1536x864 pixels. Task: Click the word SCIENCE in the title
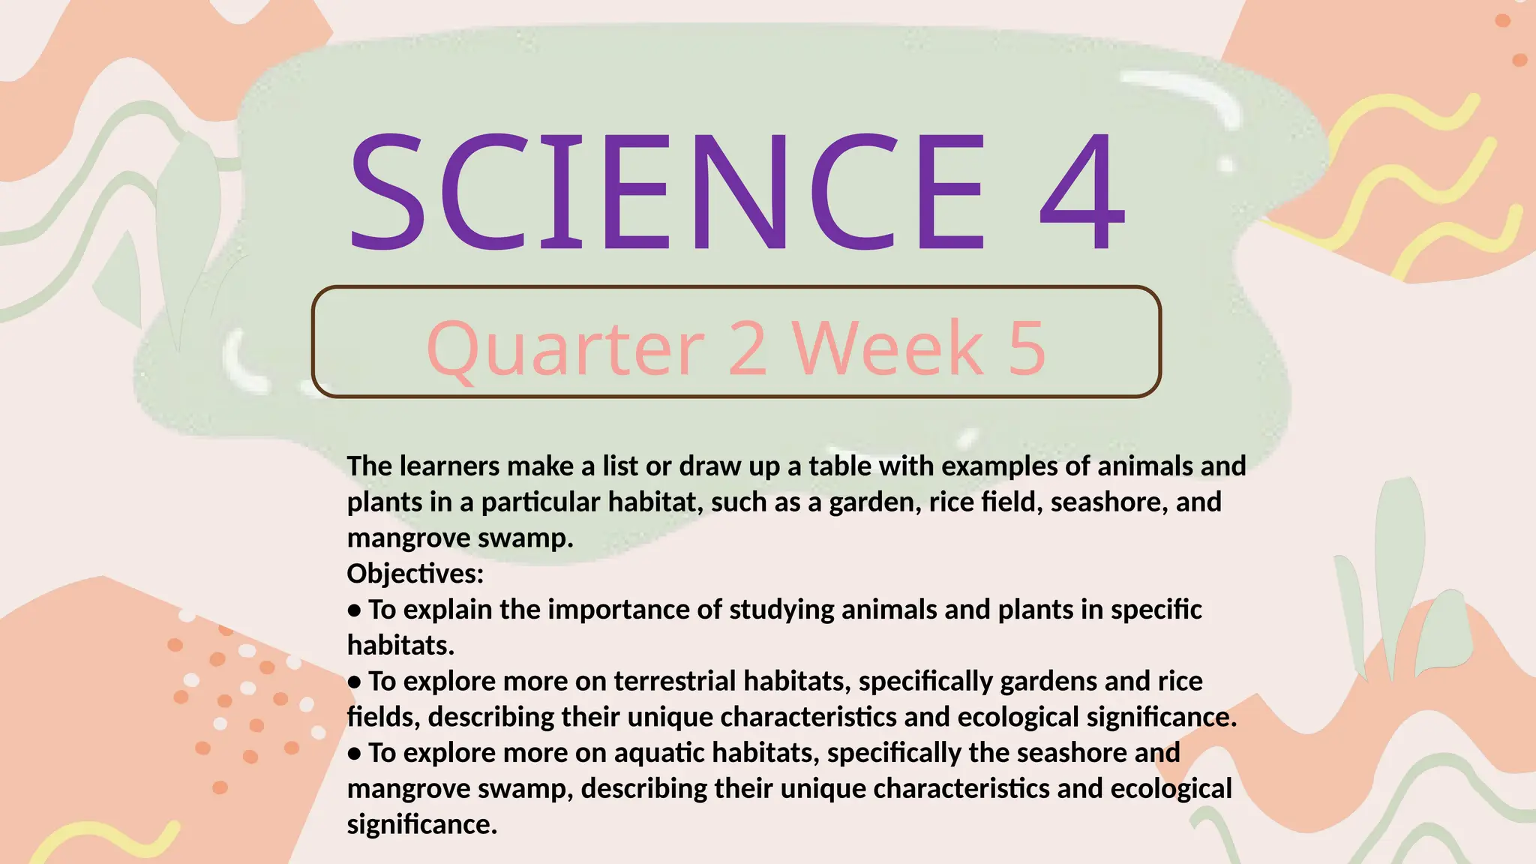click(666, 191)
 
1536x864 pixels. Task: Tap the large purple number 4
click(1082, 191)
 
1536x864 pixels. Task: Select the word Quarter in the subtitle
click(565, 348)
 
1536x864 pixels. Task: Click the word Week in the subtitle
click(888, 348)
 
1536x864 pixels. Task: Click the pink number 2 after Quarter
click(748, 348)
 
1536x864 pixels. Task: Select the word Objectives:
click(415, 574)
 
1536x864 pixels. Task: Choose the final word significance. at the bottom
click(422, 824)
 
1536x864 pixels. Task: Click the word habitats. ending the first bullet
click(400, 645)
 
